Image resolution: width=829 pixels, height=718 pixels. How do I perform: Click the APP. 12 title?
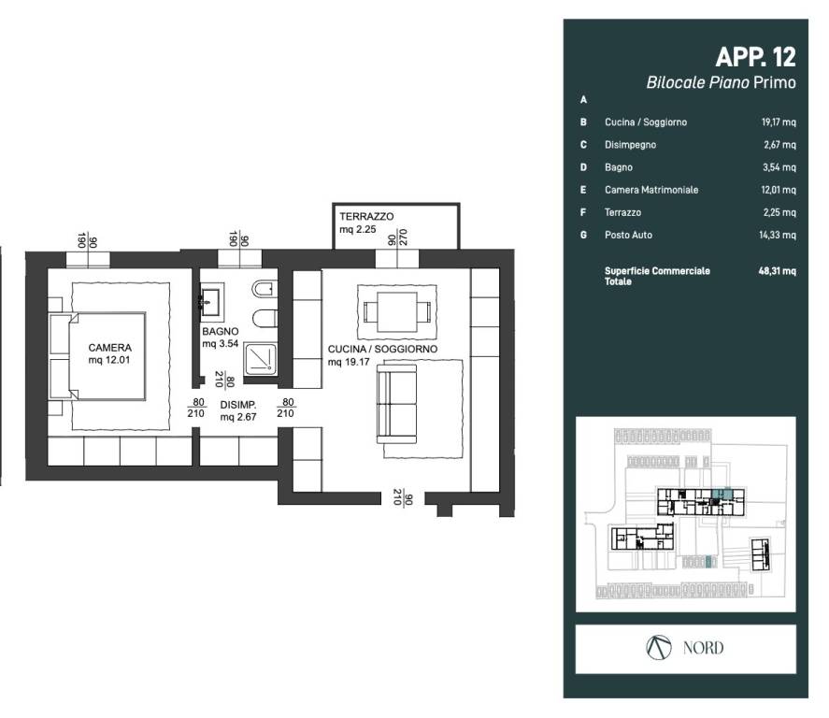coord(755,57)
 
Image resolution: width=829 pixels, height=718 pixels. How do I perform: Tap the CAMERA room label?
coord(110,348)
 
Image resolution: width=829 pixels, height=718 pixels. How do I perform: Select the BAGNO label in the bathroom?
coord(220,332)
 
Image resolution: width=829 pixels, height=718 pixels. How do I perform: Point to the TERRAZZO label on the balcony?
coord(366,216)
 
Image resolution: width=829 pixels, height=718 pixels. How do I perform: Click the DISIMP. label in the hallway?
coord(238,405)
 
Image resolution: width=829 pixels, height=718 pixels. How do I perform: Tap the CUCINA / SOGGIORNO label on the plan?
coord(382,349)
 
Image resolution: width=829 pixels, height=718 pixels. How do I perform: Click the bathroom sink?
coord(212,302)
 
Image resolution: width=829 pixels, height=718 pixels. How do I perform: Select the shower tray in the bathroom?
coord(261,360)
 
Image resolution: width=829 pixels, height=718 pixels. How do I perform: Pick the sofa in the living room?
coord(396,404)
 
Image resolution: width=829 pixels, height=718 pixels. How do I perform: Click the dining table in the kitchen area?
coord(397,312)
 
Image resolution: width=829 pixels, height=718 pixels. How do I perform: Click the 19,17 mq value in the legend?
coord(779,122)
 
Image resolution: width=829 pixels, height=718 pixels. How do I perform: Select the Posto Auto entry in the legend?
coord(628,235)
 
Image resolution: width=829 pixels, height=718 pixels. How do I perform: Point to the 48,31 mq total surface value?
coord(777,271)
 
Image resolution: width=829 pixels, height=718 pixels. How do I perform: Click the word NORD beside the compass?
coord(703,648)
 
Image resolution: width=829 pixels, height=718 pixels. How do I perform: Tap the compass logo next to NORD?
coord(659,648)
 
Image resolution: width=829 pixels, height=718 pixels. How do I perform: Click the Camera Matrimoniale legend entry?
coord(651,190)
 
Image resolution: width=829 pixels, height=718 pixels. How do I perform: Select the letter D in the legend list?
coord(583,167)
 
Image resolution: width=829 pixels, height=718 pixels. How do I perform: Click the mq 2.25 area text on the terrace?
coord(357,229)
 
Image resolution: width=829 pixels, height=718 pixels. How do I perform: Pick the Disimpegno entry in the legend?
coord(630,145)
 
